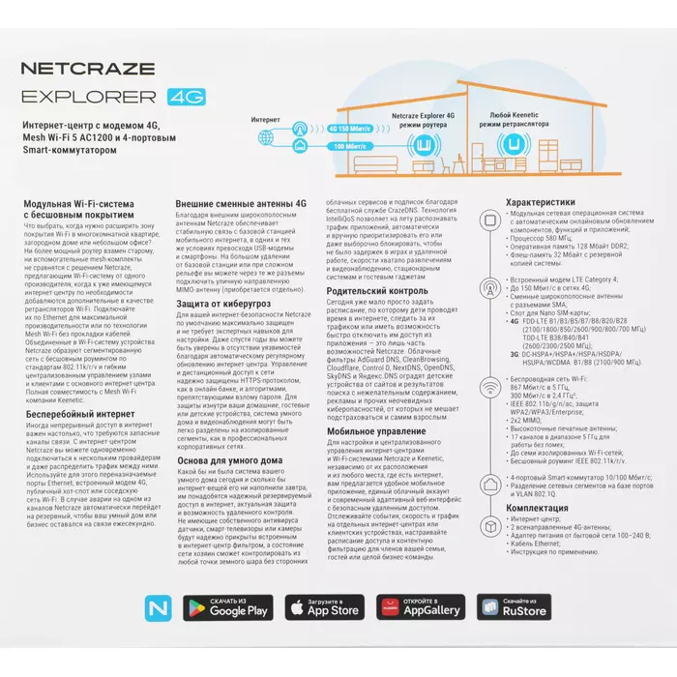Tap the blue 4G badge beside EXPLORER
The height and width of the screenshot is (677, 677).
182,97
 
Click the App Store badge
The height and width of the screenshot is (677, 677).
323,606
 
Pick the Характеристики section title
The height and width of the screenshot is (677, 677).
547,202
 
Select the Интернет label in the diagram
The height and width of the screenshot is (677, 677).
266,120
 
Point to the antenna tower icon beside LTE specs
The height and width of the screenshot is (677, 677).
493,287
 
